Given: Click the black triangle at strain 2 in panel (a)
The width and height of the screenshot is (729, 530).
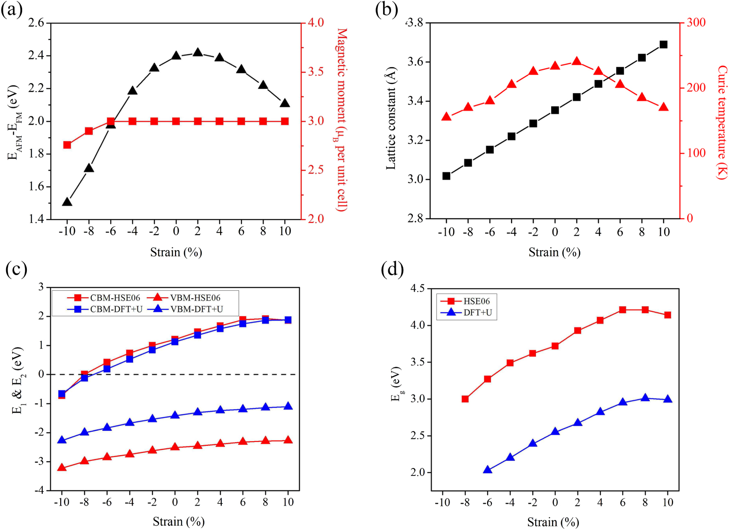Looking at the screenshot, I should (198, 53).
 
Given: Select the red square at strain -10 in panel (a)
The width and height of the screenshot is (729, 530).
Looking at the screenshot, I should (67, 145).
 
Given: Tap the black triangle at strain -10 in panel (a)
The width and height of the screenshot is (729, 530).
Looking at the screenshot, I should (67, 202).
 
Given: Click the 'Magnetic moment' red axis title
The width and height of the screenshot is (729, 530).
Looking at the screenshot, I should (342, 120).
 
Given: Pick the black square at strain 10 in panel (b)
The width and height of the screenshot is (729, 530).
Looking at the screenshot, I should (664, 45).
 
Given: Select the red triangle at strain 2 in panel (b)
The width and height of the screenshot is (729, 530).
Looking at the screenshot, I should (577, 62).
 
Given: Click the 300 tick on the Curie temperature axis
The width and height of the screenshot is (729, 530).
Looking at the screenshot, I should (696, 23).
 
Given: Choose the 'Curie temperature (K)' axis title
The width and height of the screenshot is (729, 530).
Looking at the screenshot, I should (722, 122).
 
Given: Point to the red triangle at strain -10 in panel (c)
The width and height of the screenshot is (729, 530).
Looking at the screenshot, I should (62, 467).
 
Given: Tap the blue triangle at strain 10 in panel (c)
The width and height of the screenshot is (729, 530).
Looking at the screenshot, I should (288, 406).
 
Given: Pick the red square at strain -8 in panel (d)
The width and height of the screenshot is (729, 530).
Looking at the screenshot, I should (465, 399).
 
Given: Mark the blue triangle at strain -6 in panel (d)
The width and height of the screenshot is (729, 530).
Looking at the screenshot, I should (488, 470).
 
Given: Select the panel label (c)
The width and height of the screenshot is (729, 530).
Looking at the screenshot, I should (16, 269).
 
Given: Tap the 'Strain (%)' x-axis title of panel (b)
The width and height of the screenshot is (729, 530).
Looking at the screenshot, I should (554, 253).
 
